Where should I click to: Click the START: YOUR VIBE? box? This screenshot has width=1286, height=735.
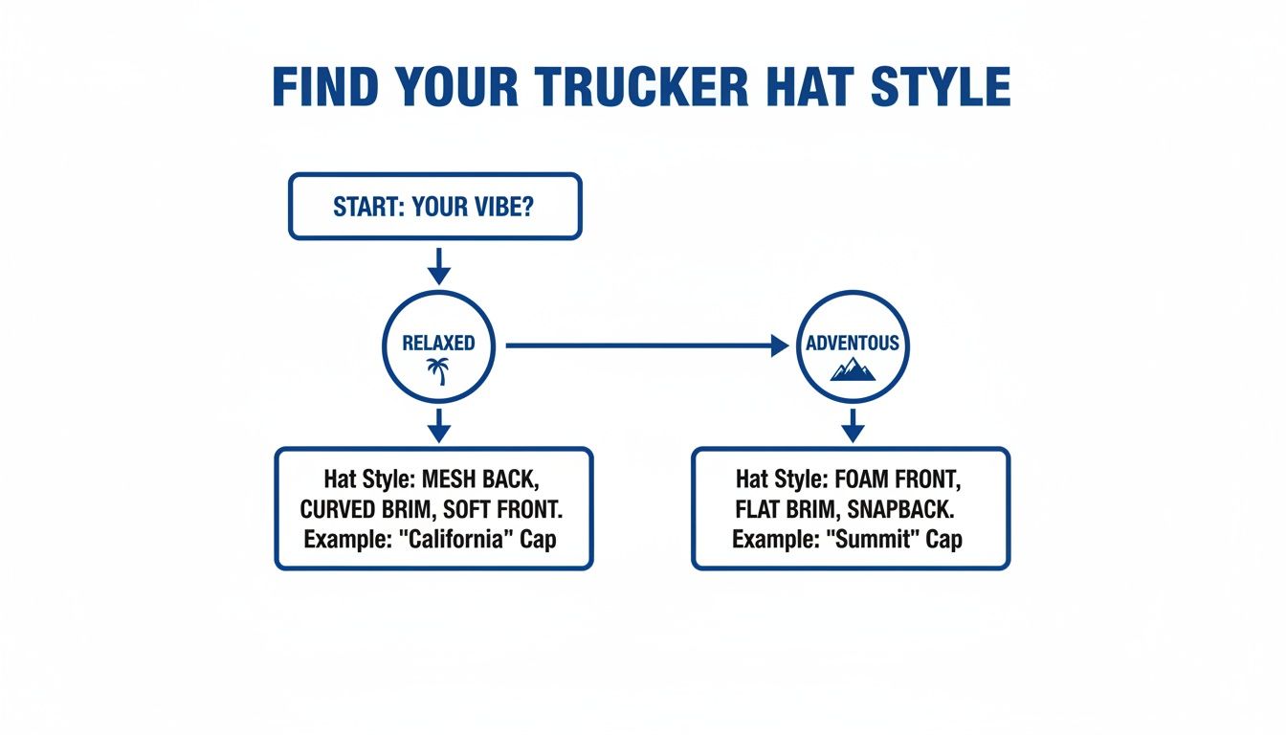(434, 207)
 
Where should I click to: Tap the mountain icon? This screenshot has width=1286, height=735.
(853, 367)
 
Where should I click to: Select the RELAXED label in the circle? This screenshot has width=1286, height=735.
(438, 343)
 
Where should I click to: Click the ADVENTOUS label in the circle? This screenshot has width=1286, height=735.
(853, 343)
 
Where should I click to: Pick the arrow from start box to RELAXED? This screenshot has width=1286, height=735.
(438, 265)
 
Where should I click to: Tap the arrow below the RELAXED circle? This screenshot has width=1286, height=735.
(438, 425)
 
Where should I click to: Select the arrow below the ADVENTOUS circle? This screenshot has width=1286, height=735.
(853, 425)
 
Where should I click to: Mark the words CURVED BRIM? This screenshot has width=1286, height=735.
(366, 509)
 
